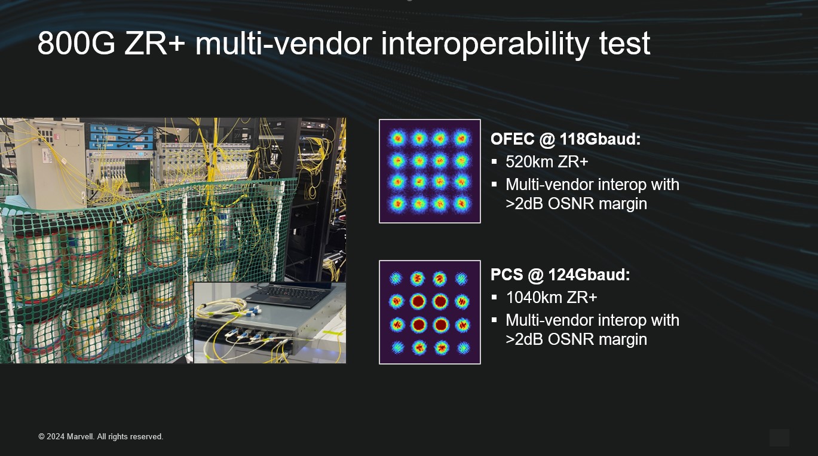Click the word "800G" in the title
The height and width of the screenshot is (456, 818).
pos(76,44)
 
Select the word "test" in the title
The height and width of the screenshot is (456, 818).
pos(624,44)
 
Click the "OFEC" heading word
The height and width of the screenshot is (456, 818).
pos(511,139)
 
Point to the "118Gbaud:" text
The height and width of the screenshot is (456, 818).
pos(600,139)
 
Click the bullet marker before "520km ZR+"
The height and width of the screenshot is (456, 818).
pos(494,162)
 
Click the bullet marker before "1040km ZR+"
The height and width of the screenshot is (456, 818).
pos(494,297)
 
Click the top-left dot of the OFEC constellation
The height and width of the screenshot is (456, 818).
pos(397,139)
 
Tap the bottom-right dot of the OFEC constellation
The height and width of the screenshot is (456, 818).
pos(462,204)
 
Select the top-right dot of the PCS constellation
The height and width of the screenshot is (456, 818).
pos(462,279)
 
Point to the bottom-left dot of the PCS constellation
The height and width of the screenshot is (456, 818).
pos(397,347)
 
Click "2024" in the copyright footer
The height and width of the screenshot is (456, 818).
pos(56,437)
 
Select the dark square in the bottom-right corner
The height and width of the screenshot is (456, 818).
pos(779,437)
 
